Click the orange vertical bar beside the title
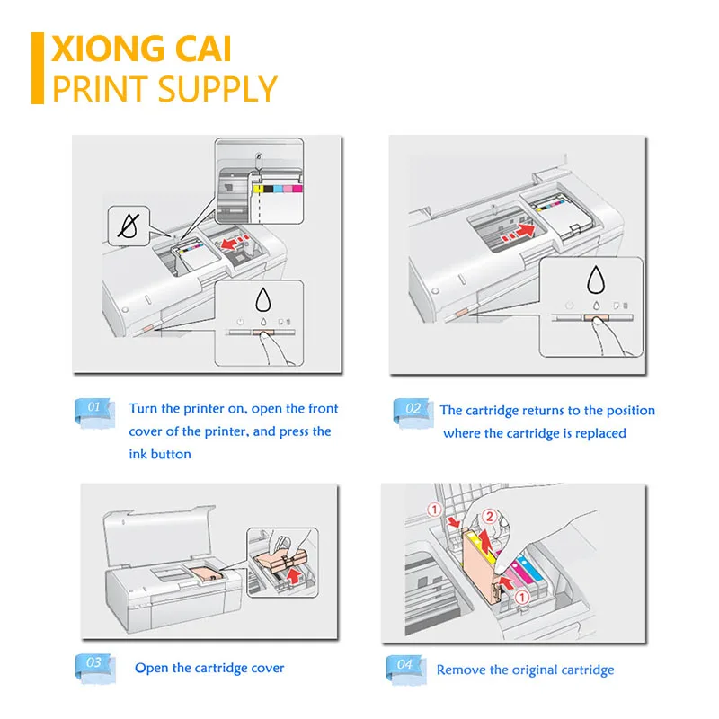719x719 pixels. pos(38,68)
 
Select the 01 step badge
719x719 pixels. pos(92,409)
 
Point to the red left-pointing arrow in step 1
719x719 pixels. pos(235,244)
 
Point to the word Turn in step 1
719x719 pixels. pos(144,409)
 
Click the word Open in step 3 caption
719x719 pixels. pos(151,668)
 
